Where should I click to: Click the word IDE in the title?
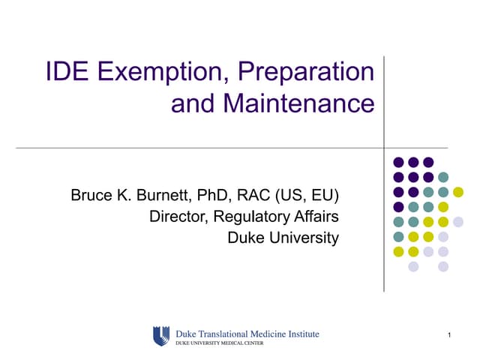65,72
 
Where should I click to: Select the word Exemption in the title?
159,72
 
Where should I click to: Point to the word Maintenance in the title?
298,103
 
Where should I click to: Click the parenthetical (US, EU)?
308,196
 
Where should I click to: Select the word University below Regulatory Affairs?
304,238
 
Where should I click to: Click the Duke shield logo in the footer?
161,335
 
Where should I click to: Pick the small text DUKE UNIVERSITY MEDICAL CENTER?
221,342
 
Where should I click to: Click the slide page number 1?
448,334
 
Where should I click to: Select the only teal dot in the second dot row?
443,177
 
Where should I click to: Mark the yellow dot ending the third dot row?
458,192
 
